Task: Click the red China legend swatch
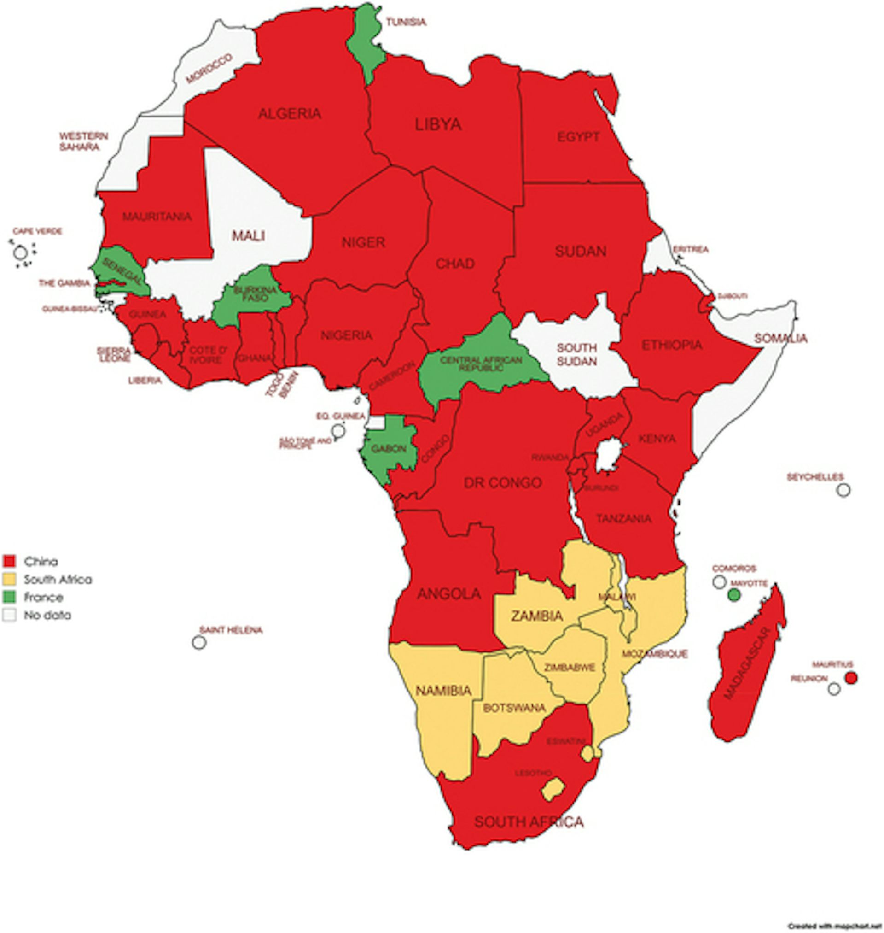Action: coord(9,561)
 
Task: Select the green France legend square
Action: coord(9,597)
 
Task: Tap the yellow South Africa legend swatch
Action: coord(9,579)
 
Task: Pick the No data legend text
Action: coord(47,615)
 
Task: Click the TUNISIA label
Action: coord(406,22)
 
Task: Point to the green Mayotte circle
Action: coord(734,595)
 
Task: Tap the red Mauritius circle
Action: coord(851,678)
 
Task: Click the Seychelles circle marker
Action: coord(843,490)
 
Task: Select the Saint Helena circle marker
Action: coord(199,642)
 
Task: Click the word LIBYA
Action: coord(438,124)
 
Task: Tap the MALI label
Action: coord(248,235)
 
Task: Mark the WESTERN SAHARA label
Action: coord(83,141)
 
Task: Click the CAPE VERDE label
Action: coord(37,231)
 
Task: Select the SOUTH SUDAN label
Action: coord(576,354)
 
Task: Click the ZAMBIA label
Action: coord(537,616)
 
